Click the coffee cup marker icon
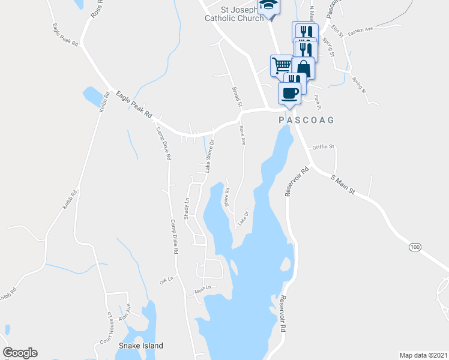[x=290, y=93]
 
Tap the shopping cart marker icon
[x=281, y=65]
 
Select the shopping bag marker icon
[x=303, y=68]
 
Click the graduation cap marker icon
[x=268, y=6]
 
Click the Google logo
[x=20, y=353]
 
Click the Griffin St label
[x=323, y=146]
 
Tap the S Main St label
[x=344, y=185]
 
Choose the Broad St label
[x=237, y=97]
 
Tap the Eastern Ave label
[x=360, y=29]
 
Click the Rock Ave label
[x=242, y=136]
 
